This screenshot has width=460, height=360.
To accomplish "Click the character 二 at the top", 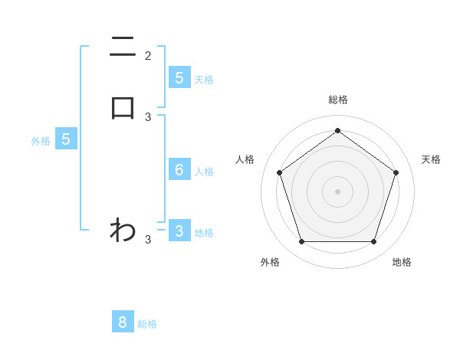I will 123,48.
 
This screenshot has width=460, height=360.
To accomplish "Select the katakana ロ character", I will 123,108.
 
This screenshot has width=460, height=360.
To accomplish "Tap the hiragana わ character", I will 123,229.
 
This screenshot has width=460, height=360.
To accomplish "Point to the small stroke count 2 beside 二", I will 148,56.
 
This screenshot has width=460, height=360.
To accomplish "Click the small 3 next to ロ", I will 148,117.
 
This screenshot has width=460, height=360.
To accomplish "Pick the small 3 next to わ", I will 148,240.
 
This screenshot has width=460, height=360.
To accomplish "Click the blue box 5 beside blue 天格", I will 179,77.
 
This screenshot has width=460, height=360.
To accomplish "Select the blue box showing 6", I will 179,170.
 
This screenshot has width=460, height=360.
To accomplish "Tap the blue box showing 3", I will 179,231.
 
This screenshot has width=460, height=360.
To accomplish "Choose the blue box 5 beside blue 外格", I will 66,139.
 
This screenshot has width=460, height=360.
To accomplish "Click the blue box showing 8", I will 123,322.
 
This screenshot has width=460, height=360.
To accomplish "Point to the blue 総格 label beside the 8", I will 147,324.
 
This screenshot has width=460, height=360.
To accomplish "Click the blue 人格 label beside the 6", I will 204,172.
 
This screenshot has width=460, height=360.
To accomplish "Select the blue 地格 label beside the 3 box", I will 204,233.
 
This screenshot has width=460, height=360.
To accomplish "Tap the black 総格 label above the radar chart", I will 337,100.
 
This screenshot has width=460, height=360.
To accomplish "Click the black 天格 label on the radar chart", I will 431,159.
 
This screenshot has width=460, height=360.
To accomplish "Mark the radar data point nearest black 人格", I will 279,172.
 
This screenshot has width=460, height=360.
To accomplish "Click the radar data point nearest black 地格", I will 373,242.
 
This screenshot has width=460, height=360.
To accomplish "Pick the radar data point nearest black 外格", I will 301,242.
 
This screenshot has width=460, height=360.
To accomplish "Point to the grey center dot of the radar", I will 337,191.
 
